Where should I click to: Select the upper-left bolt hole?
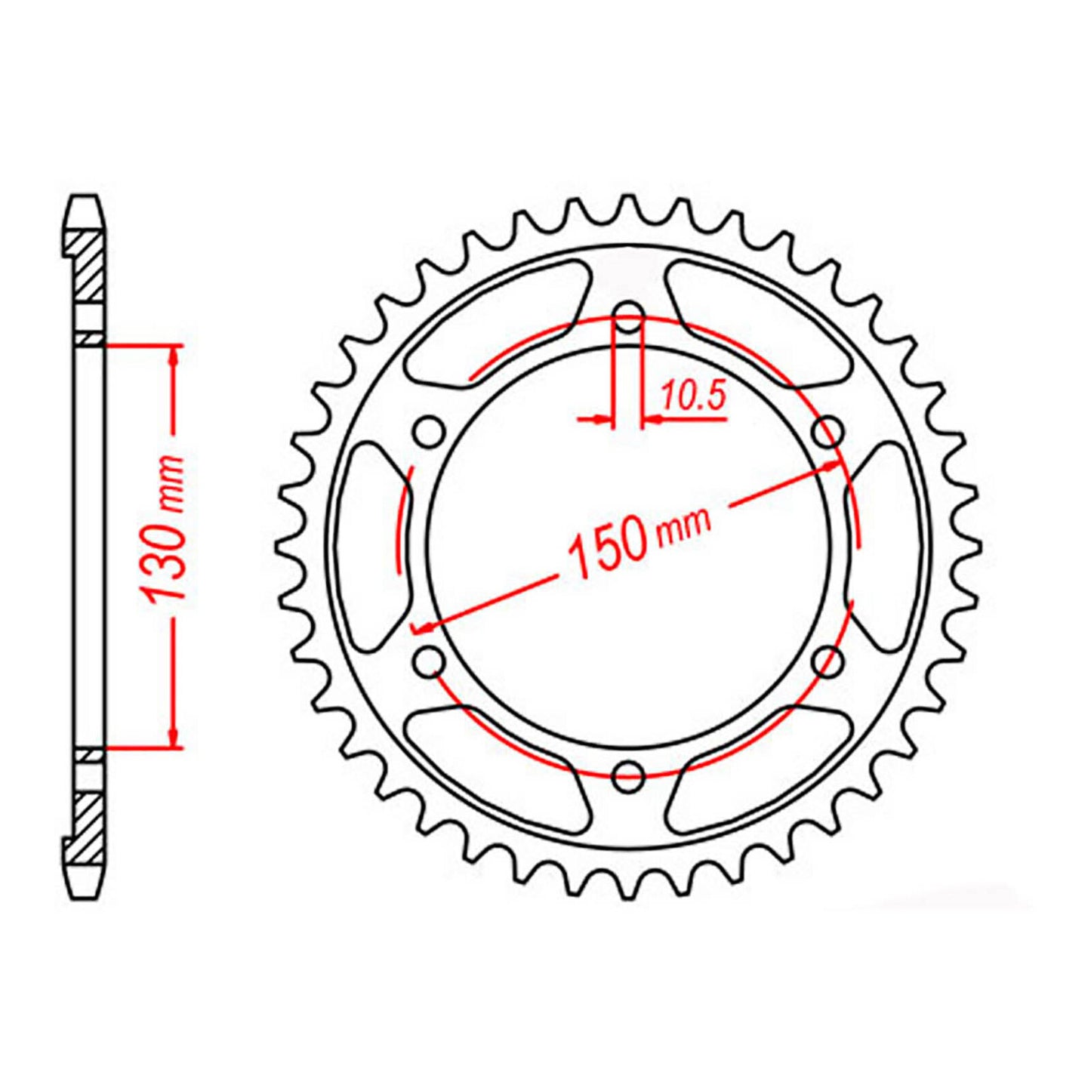(430, 433)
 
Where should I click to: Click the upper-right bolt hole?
(828, 432)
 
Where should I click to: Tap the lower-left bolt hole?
(430, 661)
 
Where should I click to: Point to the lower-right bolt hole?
(828, 661)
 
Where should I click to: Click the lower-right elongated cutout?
(759, 770)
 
